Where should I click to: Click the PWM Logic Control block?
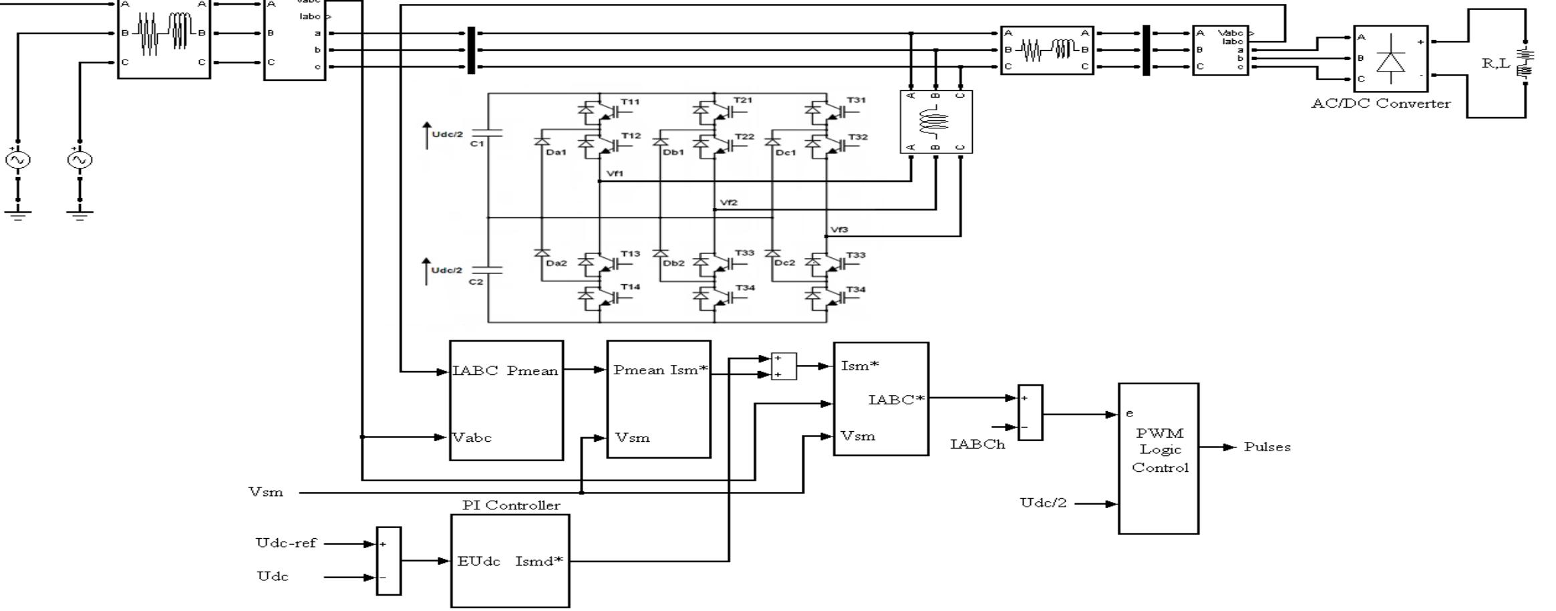pos(1158,458)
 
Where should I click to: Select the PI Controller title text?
pos(511,505)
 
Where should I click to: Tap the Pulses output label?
pos(1267,447)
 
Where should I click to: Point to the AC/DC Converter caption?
pos(1380,104)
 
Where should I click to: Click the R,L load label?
pos(1495,64)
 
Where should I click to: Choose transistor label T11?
pos(630,102)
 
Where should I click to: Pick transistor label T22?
pos(744,136)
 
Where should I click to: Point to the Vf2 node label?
pos(729,203)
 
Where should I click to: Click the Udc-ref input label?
pos(285,543)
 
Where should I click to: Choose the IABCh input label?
pos(977,445)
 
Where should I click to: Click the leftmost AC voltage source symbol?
pos(18,160)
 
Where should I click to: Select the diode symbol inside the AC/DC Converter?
pos(1391,62)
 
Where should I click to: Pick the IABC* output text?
pos(896,400)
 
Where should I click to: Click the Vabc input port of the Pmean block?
pos(472,438)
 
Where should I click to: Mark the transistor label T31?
pos(856,100)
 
